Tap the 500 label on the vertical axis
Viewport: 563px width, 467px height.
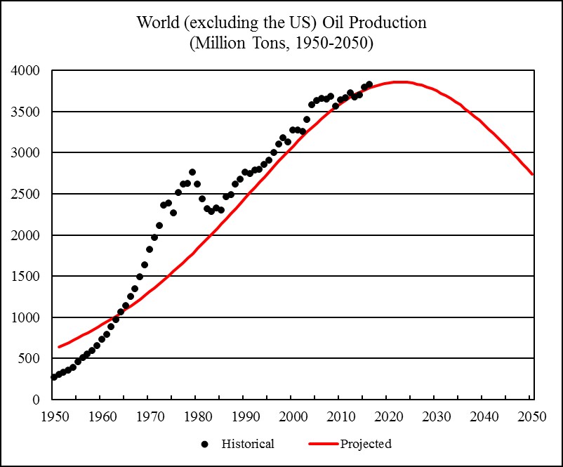tap(30, 358)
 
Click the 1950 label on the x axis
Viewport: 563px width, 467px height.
tap(53, 414)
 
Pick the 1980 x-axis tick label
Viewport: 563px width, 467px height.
tap(197, 414)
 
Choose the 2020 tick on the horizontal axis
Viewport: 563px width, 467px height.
tap(388, 414)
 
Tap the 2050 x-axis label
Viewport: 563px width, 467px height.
tap(532, 414)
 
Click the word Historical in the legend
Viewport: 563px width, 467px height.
tap(248, 444)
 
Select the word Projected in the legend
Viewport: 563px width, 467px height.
tap(366, 444)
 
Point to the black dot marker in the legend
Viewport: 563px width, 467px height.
tap(204, 444)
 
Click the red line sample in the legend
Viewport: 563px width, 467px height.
tap(324, 444)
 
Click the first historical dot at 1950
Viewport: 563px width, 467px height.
tap(53, 377)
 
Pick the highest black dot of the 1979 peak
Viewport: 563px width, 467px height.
tap(192, 172)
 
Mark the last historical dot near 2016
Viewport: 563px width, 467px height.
tap(369, 84)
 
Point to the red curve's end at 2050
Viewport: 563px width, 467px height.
tap(533, 174)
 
